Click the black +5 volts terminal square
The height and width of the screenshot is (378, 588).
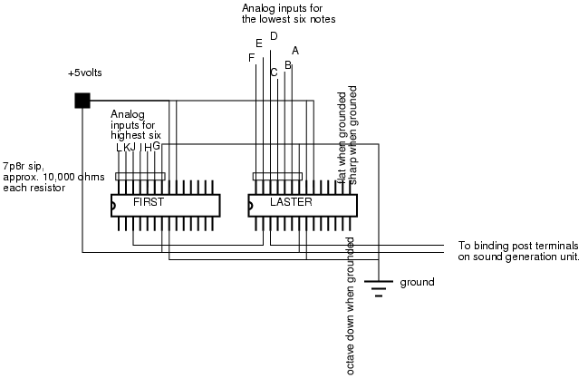pyautogui.click(x=82, y=101)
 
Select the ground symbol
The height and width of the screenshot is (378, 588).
pyautogui.click(x=380, y=286)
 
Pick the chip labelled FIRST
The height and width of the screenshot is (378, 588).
pyautogui.click(x=165, y=204)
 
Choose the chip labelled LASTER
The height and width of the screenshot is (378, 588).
pyautogui.click(x=302, y=204)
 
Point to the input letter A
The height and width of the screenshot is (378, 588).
pyautogui.click(x=295, y=51)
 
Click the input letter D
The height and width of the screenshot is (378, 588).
pyautogui.click(x=274, y=36)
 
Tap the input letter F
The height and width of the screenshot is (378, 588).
pyautogui.click(x=251, y=58)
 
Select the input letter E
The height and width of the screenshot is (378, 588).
pyautogui.click(x=260, y=43)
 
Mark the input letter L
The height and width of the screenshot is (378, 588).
pyautogui.click(x=118, y=147)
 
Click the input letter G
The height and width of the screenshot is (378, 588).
pyautogui.click(x=156, y=145)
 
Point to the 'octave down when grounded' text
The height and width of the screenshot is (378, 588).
pyautogui.click(x=351, y=306)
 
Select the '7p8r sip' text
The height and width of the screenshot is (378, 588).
pyautogui.click(x=21, y=166)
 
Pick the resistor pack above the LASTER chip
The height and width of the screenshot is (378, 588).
pyautogui.click(x=276, y=177)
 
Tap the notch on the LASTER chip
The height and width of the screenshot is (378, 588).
pyautogui.click(x=251, y=205)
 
